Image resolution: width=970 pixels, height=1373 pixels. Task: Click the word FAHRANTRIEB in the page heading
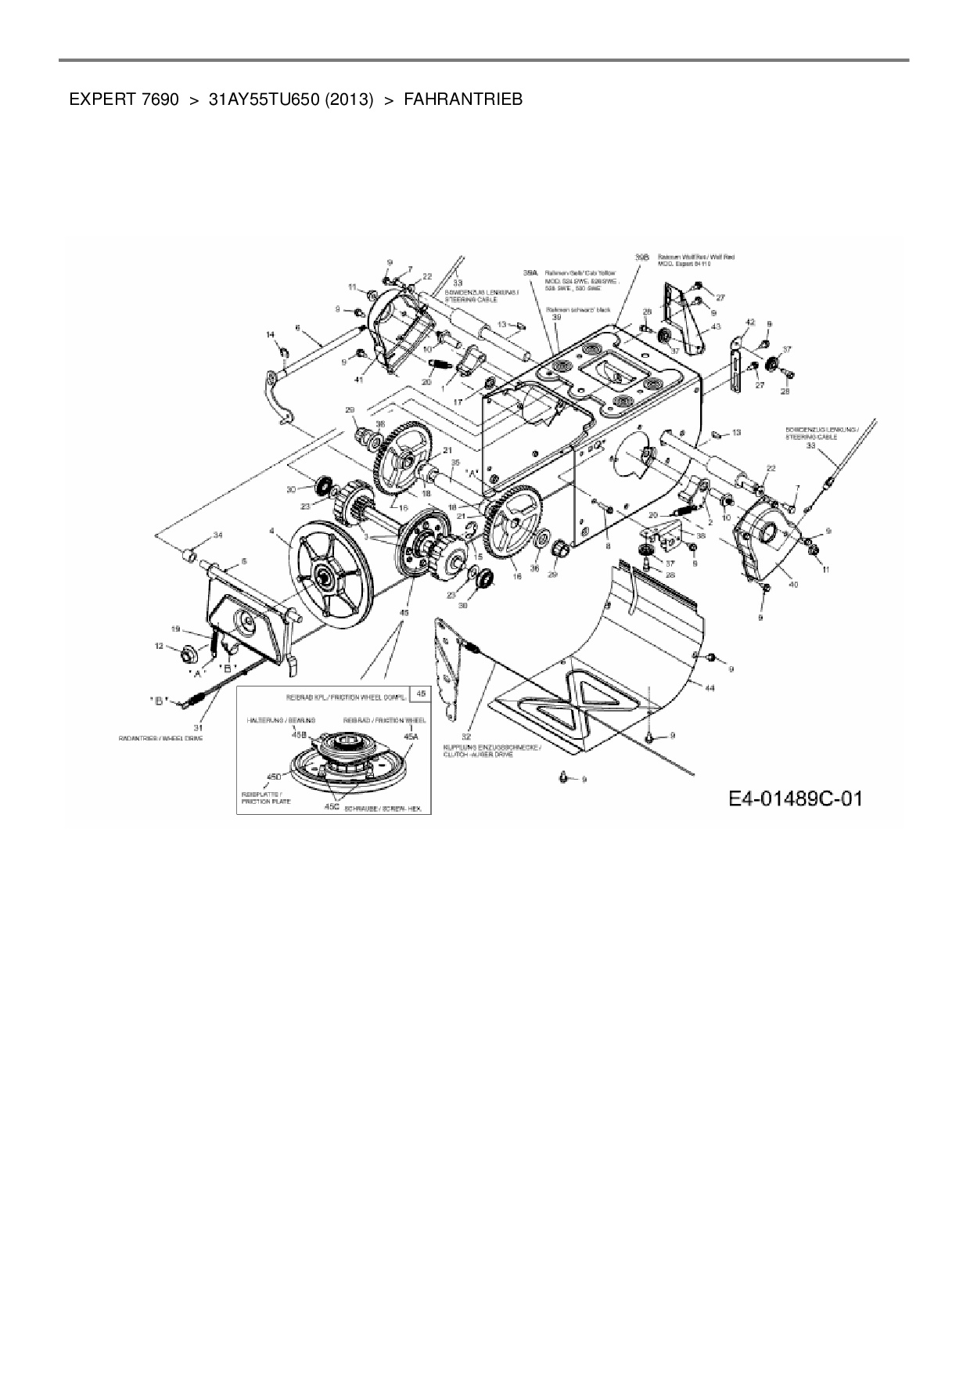pyautogui.click(x=462, y=100)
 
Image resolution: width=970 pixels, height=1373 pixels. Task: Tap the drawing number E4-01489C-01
pyautogui.click(x=796, y=799)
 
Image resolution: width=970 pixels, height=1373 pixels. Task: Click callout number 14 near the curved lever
pyautogui.click(x=271, y=335)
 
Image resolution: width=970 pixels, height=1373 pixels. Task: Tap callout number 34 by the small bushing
pyautogui.click(x=217, y=535)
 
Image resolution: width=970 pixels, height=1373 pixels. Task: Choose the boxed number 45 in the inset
pyautogui.click(x=421, y=694)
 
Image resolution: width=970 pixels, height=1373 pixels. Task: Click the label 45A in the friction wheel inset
pyautogui.click(x=411, y=736)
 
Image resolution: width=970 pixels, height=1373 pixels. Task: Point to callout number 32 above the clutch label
pyautogui.click(x=466, y=737)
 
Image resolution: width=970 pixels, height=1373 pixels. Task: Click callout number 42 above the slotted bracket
pyautogui.click(x=749, y=322)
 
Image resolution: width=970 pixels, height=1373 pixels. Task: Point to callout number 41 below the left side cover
pyautogui.click(x=359, y=379)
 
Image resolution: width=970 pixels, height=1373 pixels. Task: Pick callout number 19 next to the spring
pyautogui.click(x=175, y=629)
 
